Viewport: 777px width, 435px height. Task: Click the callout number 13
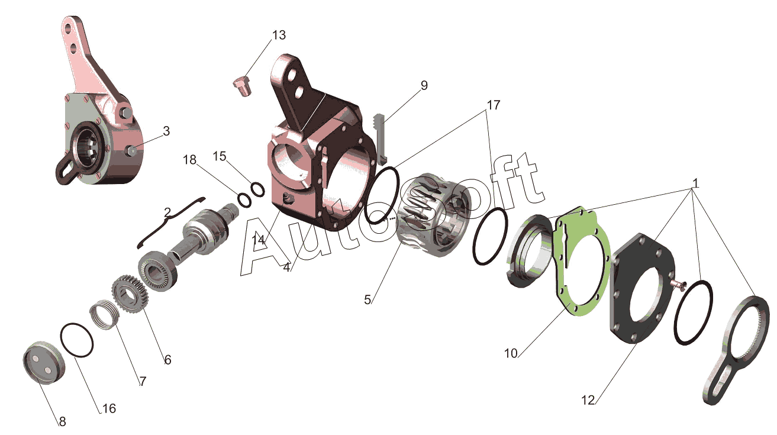click(279, 35)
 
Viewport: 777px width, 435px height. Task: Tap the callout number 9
click(424, 85)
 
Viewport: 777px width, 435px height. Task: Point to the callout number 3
click(166, 131)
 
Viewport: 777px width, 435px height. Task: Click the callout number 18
click(189, 160)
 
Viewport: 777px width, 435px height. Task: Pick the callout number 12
click(588, 400)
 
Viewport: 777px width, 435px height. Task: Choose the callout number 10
click(511, 353)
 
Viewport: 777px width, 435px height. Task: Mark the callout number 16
click(108, 408)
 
